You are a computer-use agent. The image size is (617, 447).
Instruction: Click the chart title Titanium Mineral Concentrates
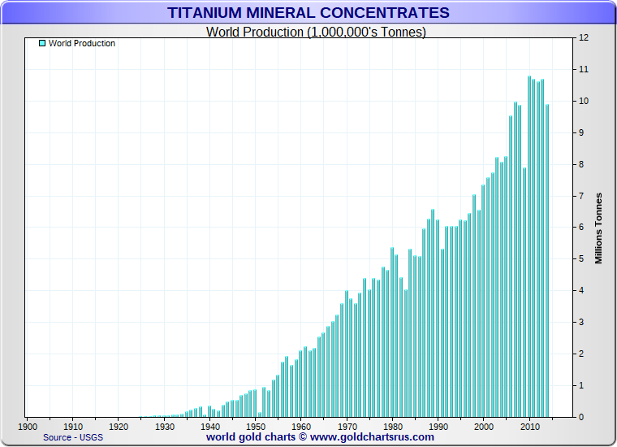(308, 12)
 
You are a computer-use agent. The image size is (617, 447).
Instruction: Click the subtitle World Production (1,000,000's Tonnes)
(316, 32)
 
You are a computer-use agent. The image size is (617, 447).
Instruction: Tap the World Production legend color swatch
(42, 43)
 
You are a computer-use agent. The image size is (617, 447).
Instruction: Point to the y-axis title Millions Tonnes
(598, 228)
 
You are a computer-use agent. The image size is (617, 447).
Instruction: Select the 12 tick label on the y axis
(582, 38)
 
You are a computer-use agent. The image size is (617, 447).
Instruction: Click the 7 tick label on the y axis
(582, 196)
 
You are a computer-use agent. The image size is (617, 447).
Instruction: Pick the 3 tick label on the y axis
(582, 323)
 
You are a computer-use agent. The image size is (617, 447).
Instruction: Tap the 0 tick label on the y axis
(582, 417)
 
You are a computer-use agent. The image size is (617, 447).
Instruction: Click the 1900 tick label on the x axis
(27, 427)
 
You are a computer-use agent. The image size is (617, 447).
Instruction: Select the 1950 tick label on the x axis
(256, 427)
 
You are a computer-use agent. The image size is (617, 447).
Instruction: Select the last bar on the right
(547, 260)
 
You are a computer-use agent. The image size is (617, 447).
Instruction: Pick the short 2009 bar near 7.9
(524, 293)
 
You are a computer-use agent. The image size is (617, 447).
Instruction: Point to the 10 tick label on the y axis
(582, 102)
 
